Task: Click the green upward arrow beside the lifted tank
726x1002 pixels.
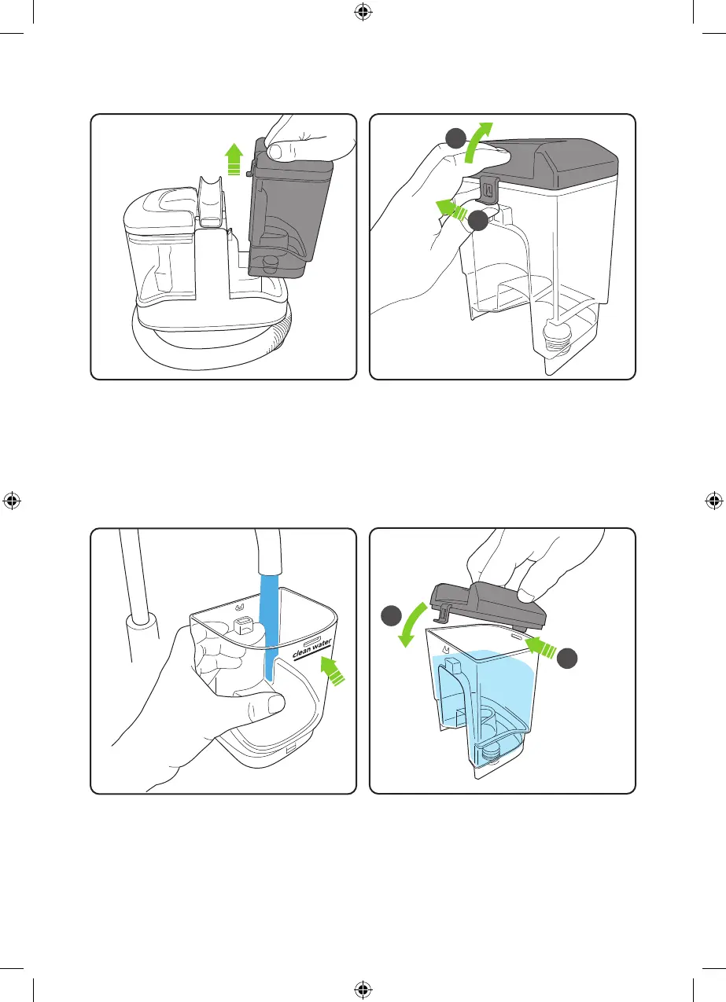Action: pyautogui.click(x=234, y=159)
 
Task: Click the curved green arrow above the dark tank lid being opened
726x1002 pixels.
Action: pyautogui.click(x=477, y=142)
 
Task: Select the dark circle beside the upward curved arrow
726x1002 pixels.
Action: pyautogui.click(x=456, y=138)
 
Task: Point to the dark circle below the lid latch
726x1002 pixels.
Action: pyautogui.click(x=478, y=221)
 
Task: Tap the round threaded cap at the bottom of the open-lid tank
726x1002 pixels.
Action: pyautogui.click(x=558, y=335)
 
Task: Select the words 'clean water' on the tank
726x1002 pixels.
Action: pyautogui.click(x=312, y=648)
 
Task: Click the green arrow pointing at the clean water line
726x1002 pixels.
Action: pyautogui.click(x=333, y=671)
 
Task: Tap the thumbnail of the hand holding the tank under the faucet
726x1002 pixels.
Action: pyautogui.click(x=275, y=705)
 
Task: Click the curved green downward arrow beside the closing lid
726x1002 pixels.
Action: pyautogui.click(x=411, y=625)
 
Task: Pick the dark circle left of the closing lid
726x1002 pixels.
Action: pyautogui.click(x=392, y=616)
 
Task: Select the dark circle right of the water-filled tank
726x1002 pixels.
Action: pyautogui.click(x=567, y=659)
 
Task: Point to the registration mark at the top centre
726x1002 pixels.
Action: pyautogui.click(x=363, y=12)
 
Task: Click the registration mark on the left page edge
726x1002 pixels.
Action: pyautogui.click(x=12, y=501)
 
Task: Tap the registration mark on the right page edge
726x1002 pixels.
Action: pyautogui.click(x=714, y=501)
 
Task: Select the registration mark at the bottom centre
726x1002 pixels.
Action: pyautogui.click(x=363, y=989)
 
